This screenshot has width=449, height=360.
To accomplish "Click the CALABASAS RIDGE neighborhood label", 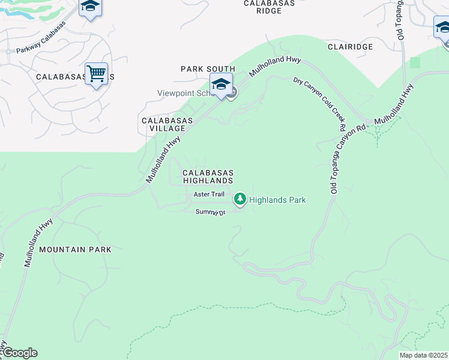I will click(x=270, y=7).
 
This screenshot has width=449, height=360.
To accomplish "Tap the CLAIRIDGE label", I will click(x=350, y=46).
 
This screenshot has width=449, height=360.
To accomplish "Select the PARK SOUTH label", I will click(x=208, y=70).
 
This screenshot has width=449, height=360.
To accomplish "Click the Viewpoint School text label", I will click(x=184, y=93).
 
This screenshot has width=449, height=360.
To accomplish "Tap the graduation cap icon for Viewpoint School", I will click(x=221, y=84).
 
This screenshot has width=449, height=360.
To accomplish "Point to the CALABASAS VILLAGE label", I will click(x=167, y=124).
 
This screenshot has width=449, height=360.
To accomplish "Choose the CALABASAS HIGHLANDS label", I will click(x=208, y=176).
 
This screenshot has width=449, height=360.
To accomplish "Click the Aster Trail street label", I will click(x=209, y=194).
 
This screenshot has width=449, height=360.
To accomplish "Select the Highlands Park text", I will click(x=277, y=200).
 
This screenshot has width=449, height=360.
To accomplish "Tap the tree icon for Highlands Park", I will click(x=240, y=199).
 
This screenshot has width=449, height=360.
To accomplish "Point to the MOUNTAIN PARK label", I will click(x=75, y=248).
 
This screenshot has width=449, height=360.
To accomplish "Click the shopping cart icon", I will click(x=96, y=74).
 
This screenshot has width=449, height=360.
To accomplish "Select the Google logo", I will click(x=20, y=353).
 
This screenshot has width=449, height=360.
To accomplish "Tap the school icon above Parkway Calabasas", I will click(x=90, y=7).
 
